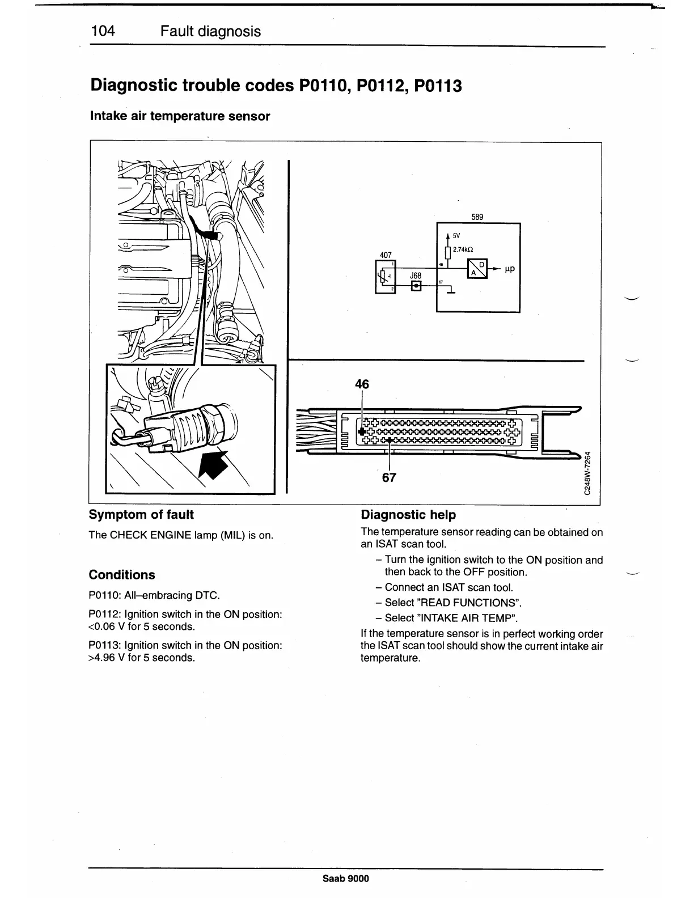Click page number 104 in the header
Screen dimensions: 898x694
[x=103, y=31]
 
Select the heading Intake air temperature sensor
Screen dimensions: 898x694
[x=180, y=116]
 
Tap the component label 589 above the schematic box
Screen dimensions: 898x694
[x=477, y=217]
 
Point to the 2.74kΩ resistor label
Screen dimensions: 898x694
[x=463, y=249]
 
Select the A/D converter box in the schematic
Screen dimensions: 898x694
[x=476, y=269]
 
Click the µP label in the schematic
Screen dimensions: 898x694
[x=509, y=268]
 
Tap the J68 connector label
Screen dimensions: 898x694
[x=416, y=276]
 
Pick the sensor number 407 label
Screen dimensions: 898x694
[x=386, y=255]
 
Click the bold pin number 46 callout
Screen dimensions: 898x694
[x=362, y=384]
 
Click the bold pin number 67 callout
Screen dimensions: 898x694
[x=389, y=477]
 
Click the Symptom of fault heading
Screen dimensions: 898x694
[x=141, y=515]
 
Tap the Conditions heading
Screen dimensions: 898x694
[x=122, y=575]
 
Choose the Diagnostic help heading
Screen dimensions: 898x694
[x=408, y=515]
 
